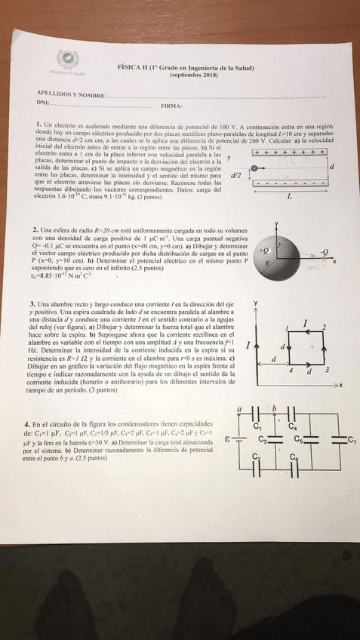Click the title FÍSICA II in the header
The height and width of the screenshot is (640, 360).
click(135, 68)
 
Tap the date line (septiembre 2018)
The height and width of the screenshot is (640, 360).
click(193, 75)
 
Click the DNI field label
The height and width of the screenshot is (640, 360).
click(42, 102)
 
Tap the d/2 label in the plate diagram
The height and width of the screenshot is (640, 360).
click(235, 174)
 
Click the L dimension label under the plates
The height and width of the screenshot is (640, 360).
click(289, 196)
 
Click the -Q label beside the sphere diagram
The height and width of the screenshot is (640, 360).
click(324, 251)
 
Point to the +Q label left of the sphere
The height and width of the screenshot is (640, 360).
click(263, 248)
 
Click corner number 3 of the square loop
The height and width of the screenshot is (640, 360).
click(327, 371)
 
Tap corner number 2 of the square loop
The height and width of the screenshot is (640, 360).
click(324, 326)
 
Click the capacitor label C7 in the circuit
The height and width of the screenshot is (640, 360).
click(351, 439)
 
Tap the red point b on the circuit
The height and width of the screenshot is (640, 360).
click(274, 408)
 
